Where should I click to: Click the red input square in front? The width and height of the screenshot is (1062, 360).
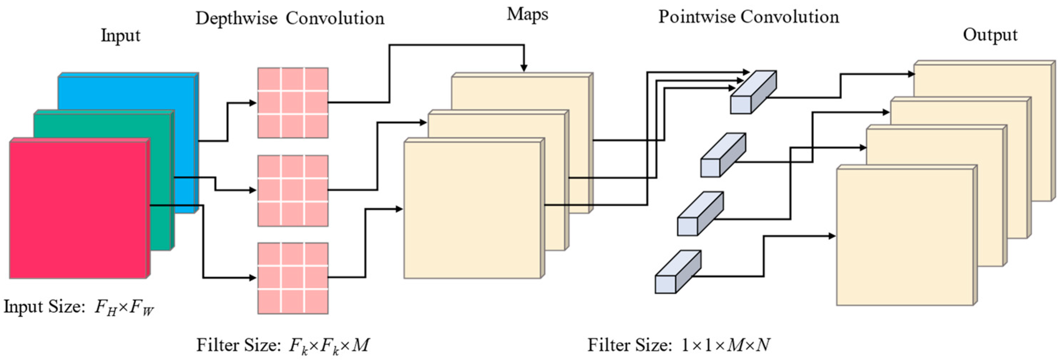(x=78, y=210)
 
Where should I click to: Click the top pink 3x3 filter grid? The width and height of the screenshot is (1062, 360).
(x=293, y=103)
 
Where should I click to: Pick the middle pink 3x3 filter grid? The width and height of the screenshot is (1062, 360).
(x=293, y=191)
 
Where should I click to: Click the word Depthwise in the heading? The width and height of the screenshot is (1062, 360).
(x=236, y=19)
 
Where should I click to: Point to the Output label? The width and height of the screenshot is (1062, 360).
(x=990, y=35)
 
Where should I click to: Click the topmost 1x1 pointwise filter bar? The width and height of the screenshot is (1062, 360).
(x=753, y=92)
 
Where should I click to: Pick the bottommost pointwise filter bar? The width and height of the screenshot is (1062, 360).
(x=678, y=272)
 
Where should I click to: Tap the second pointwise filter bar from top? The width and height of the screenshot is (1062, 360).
(x=723, y=155)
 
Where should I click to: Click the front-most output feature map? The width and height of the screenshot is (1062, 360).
(x=905, y=237)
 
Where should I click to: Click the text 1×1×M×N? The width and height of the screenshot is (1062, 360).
(x=726, y=345)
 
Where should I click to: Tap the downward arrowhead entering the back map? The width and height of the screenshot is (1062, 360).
(x=524, y=68)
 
